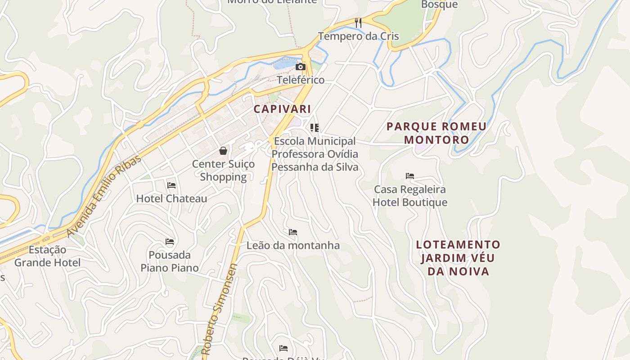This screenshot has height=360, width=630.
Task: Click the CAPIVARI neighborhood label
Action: (282, 109)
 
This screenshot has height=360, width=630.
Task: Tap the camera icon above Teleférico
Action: (300, 67)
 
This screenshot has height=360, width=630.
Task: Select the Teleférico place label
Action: (300, 80)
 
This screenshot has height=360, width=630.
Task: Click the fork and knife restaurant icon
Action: (358, 22)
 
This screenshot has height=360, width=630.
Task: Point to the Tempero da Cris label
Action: (358, 36)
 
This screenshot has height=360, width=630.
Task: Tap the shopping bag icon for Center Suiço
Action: (223, 151)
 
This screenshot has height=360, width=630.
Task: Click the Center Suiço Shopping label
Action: (223, 170)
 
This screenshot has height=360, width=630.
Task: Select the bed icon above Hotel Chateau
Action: (171, 185)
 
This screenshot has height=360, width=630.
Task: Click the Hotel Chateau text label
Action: (171, 198)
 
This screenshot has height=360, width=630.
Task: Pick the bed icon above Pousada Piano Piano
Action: (170, 242)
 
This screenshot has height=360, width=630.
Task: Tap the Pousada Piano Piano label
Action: (170, 261)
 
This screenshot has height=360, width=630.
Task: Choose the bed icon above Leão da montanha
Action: (293, 232)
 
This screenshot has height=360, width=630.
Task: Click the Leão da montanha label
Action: (293, 246)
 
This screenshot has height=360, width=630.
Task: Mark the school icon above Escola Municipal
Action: (315, 128)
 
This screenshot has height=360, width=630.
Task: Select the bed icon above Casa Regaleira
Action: (409, 176)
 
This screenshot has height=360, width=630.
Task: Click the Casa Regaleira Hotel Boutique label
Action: (409, 196)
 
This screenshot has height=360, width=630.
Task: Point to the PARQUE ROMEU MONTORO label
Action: (436, 133)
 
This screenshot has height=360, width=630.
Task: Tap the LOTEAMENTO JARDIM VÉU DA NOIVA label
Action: (458, 258)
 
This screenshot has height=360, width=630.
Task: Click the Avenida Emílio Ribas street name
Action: (104, 196)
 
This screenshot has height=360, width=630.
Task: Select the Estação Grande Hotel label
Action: (47, 256)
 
